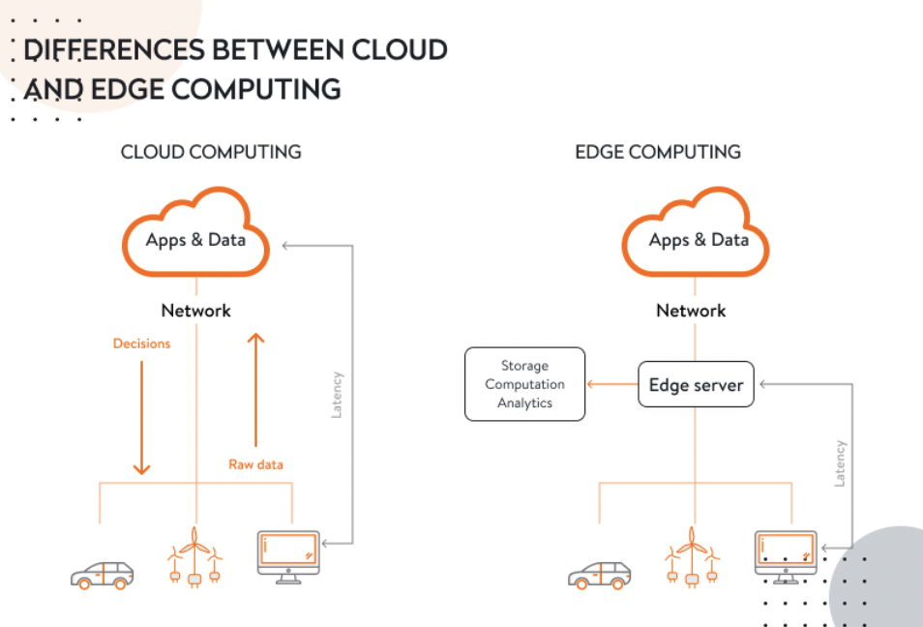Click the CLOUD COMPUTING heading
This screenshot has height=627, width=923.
(x=211, y=152)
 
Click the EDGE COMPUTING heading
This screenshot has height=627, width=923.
(x=657, y=152)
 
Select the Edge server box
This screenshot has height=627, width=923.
(x=696, y=385)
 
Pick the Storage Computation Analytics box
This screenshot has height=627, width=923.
(x=524, y=384)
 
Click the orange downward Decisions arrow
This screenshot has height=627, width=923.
(x=141, y=416)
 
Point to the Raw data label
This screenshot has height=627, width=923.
(x=255, y=464)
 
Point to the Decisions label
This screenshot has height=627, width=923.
(x=141, y=343)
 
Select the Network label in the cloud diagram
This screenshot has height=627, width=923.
(x=195, y=311)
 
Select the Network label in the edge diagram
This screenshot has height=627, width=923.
(x=691, y=311)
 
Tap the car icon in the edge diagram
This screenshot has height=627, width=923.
(x=599, y=575)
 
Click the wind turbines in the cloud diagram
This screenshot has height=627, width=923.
(x=194, y=558)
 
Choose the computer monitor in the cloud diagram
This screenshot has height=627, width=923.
(x=288, y=555)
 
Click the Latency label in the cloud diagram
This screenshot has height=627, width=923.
(x=337, y=394)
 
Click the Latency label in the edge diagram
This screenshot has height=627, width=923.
(x=839, y=463)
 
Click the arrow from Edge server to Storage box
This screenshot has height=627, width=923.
(x=611, y=385)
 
